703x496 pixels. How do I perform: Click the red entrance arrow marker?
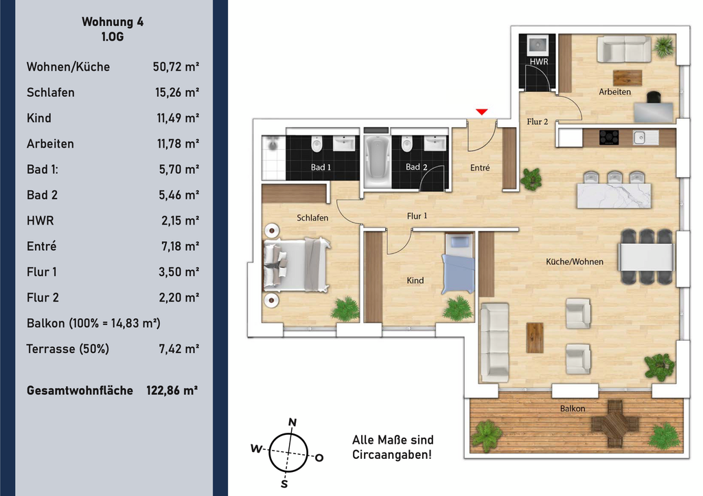pos(481,112)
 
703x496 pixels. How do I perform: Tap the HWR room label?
pos(538,61)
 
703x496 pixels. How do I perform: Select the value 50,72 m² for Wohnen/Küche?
pos(176,67)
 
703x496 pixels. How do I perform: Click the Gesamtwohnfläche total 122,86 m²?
pos(172,390)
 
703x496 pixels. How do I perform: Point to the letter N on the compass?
pos(292,422)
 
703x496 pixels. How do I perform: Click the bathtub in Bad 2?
pos(377,161)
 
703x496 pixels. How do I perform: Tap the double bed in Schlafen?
pos(297,265)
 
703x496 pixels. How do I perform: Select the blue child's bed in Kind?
pos(459,264)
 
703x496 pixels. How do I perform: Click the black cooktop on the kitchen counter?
pos(609,137)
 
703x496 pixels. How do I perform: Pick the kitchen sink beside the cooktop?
pos(645,137)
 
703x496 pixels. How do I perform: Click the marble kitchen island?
pos(614,196)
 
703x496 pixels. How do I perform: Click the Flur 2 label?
pos(537,122)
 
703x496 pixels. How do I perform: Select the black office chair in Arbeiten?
pos(654,97)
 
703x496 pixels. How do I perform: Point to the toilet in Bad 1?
pos(317,144)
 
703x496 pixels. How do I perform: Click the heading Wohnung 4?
pos(113,21)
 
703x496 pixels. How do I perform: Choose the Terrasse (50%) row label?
pos(68,349)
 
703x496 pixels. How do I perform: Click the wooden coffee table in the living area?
pos(534,338)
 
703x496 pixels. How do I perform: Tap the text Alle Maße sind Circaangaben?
pos(393,447)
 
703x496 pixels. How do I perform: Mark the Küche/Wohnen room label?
pos(575,262)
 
